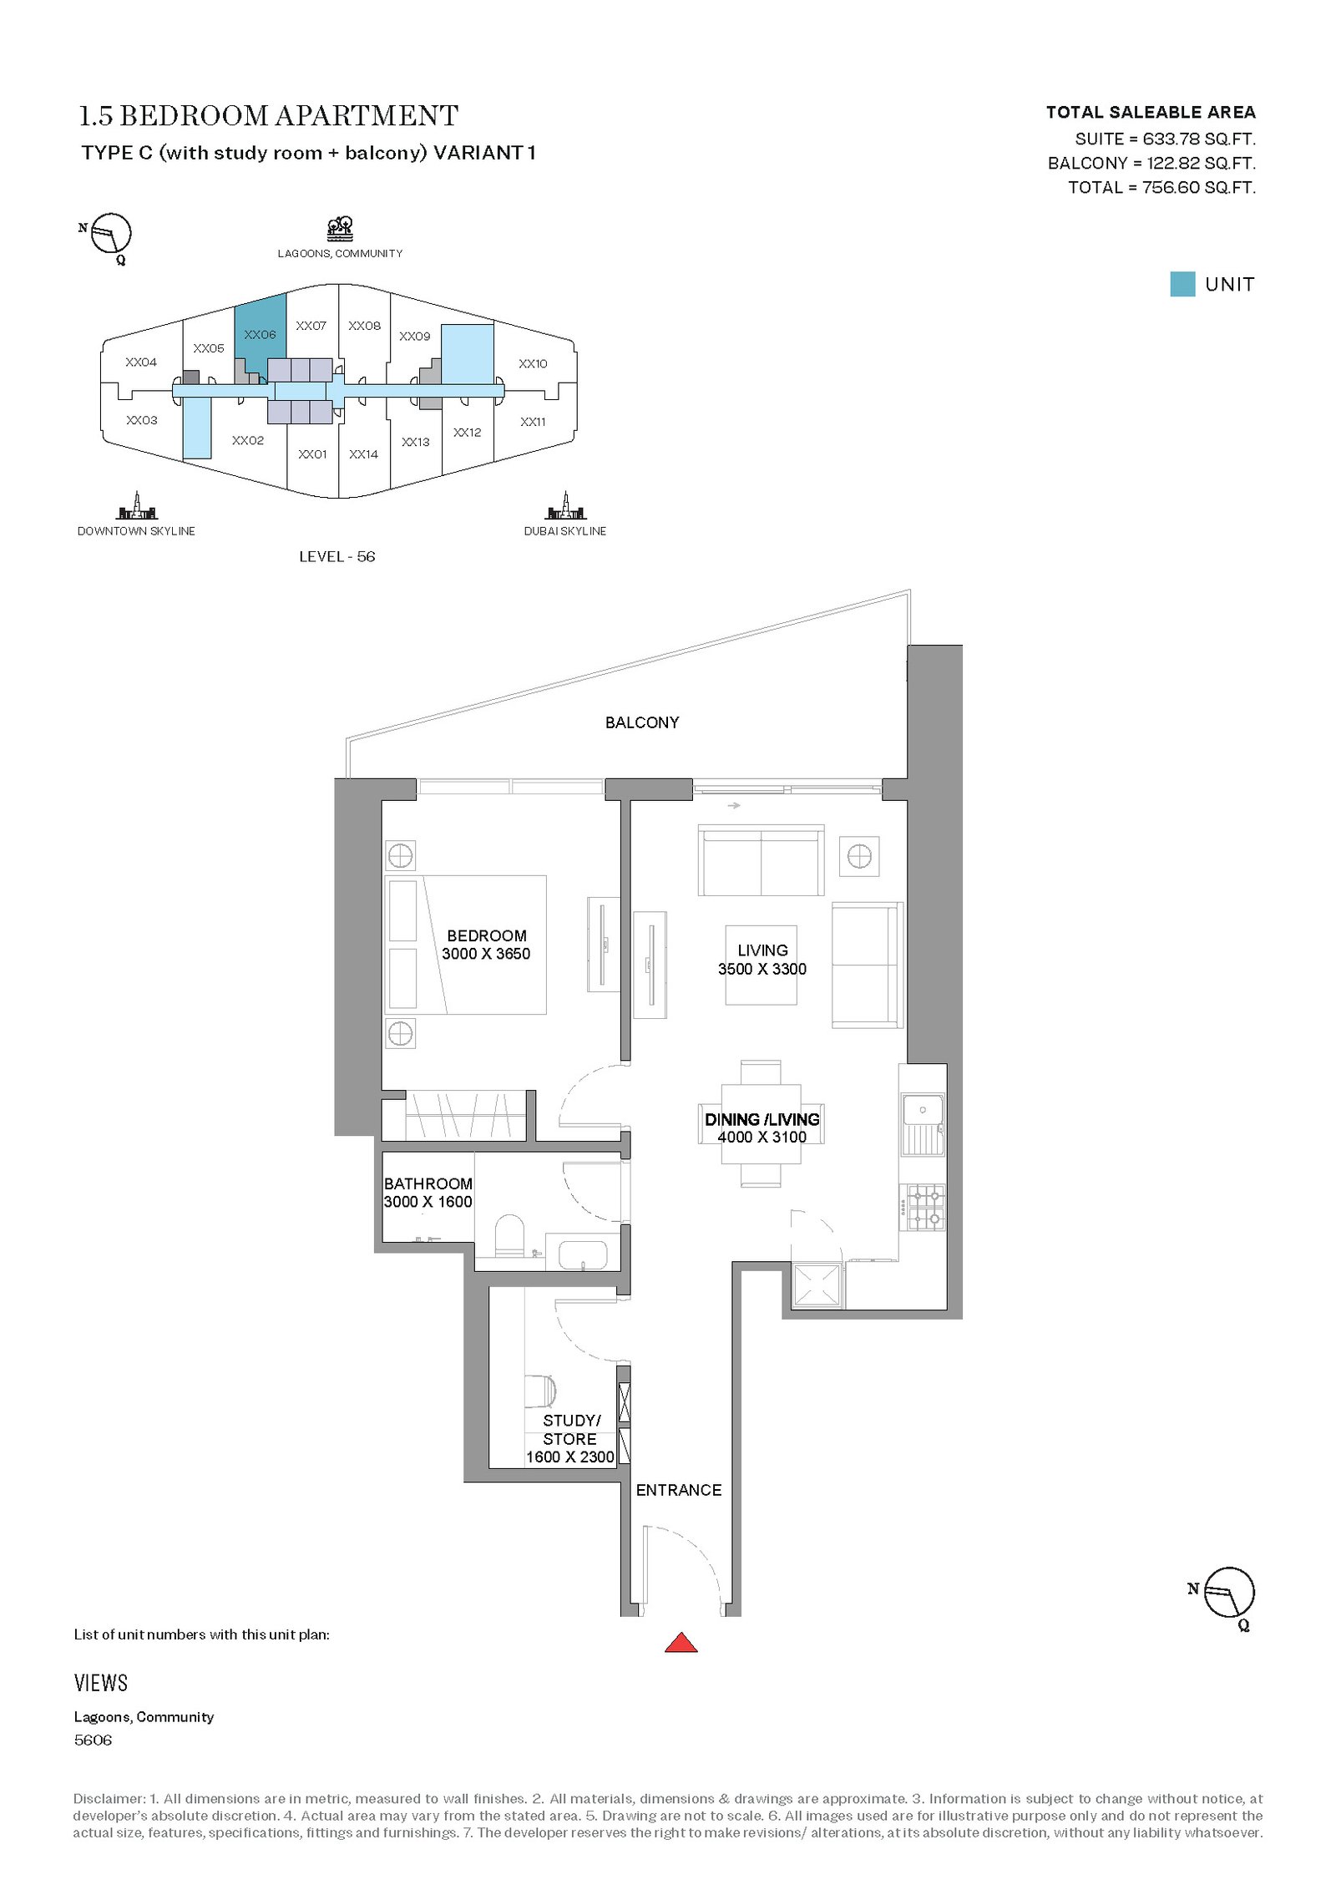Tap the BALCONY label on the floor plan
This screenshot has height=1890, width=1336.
click(642, 722)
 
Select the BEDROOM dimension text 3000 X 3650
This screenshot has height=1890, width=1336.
click(486, 954)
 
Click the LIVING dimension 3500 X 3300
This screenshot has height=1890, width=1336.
click(762, 969)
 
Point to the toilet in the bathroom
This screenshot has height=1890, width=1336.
click(509, 1235)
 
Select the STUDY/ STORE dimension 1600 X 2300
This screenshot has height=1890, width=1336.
click(570, 1457)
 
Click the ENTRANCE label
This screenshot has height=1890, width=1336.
click(679, 1490)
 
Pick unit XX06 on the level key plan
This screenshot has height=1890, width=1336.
click(260, 334)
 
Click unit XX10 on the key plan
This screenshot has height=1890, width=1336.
click(533, 363)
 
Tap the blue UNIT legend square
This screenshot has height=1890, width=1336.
click(1182, 284)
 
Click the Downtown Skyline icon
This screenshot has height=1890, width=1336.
click(136, 505)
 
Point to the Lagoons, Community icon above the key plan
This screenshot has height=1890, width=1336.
click(340, 228)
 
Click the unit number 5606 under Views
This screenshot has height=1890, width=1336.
click(93, 1740)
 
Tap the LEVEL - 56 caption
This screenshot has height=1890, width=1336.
click(337, 556)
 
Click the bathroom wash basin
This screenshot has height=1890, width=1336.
click(582, 1254)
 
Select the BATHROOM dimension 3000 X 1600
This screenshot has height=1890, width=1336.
click(428, 1202)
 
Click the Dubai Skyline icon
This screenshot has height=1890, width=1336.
click(565, 505)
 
